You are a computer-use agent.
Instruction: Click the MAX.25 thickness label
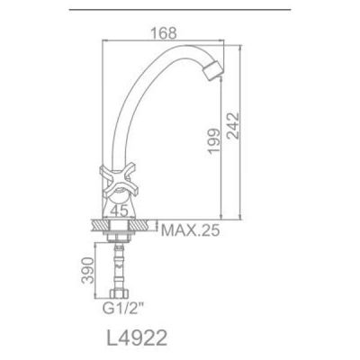point(192,229)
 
